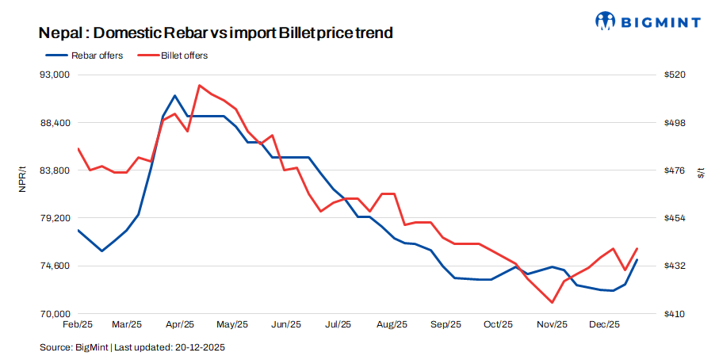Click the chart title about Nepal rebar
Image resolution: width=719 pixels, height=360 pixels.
[216, 33]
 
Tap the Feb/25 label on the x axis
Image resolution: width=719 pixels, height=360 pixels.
[78, 324]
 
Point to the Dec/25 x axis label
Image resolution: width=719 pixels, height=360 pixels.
[606, 324]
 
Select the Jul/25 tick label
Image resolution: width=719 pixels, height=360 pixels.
[338, 324]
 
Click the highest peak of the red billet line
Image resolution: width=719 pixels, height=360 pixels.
[200, 85]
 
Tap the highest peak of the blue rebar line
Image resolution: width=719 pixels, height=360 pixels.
[175, 95]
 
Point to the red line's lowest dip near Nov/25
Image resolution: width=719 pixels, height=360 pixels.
[552, 302]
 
